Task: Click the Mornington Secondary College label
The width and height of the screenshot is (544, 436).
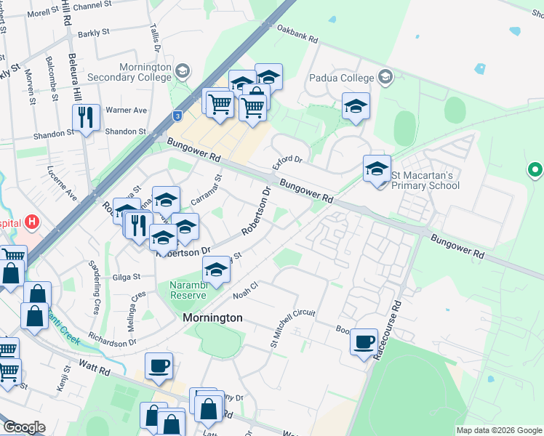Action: (135, 71)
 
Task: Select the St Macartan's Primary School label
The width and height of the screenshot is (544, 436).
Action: (425, 179)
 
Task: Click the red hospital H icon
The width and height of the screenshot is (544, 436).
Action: (32, 221)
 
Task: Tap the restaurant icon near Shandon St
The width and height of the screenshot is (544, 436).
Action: (86, 117)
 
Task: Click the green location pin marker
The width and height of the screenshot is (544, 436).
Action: (535, 170)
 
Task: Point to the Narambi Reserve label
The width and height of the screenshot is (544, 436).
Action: (189, 290)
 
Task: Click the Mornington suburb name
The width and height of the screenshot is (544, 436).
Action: (212, 318)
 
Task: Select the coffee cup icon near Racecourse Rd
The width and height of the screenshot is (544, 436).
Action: (364, 341)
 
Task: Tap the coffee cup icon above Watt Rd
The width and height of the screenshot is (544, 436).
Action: (159, 366)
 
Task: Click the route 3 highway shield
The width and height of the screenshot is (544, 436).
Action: (177, 116)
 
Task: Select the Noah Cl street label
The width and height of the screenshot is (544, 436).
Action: (245, 292)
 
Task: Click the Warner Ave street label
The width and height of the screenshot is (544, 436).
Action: (126, 110)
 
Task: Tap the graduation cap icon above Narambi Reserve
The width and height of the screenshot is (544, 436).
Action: (215, 269)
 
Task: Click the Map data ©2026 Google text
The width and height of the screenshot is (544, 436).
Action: (499, 430)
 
